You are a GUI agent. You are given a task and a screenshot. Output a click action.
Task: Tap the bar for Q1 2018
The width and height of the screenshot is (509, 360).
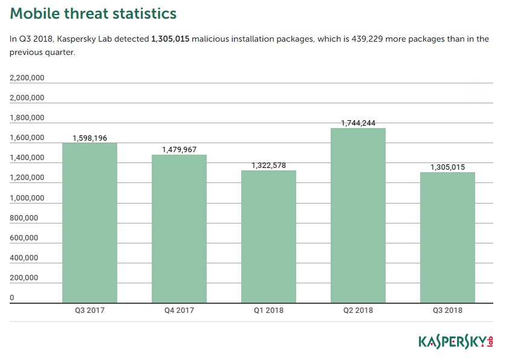[x=268, y=236]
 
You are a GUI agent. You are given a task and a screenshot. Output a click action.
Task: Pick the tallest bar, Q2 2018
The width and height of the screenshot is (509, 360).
[x=358, y=215]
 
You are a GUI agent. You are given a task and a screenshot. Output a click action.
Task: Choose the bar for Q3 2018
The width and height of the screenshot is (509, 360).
[x=447, y=237]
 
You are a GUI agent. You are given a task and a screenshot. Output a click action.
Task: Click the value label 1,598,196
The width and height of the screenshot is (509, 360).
[x=89, y=138]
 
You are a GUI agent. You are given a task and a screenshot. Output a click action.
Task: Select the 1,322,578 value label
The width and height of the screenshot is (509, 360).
[x=268, y=166]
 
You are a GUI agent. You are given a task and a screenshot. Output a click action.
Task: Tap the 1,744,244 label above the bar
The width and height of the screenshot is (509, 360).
[x=358, y=123]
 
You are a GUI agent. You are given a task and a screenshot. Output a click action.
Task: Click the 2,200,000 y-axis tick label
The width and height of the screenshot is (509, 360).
[x=27, y=78]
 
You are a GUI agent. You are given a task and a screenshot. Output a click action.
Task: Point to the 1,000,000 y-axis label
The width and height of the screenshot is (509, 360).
[x=27, y=198]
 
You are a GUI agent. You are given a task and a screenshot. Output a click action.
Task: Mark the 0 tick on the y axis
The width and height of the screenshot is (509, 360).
[x=12, y=298]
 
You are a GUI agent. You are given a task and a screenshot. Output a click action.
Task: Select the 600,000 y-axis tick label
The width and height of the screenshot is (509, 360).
[x=24, y=238]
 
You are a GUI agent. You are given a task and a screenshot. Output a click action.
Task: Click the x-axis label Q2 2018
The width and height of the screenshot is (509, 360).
[x=358, y=310]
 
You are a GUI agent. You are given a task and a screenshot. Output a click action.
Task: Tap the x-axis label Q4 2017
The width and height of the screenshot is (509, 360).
[x=179, y=310]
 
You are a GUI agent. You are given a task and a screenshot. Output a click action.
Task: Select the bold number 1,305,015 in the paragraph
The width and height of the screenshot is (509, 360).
[x=174, y=39]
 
